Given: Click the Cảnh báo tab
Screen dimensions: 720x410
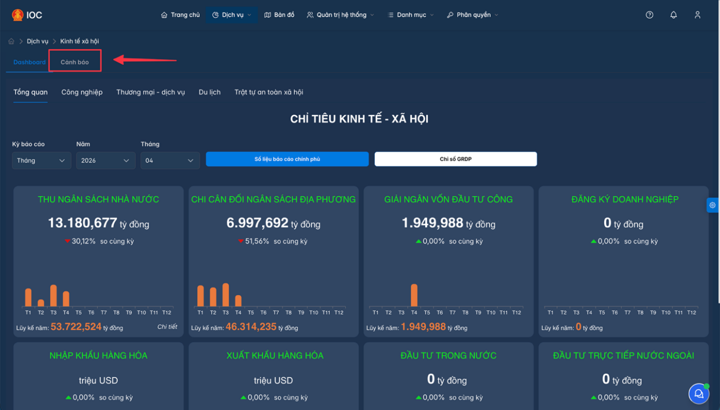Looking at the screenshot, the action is click(75, 62).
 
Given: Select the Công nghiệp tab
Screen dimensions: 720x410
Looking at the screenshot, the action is click(82, 92).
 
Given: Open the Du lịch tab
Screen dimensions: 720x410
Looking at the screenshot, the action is click(210, 92).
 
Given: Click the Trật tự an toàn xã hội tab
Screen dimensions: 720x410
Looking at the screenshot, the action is click(269, 92).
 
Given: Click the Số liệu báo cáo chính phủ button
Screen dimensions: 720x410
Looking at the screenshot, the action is click(287, 159).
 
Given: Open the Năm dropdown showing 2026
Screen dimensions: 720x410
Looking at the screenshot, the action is click(105, 160).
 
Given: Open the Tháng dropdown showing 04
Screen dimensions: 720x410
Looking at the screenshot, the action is click(170, 160).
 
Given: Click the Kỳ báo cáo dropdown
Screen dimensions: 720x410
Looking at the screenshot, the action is click(41, 160).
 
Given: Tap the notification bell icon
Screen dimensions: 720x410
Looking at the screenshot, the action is click(673, 15).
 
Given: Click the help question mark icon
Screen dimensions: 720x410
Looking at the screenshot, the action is click(649, 15).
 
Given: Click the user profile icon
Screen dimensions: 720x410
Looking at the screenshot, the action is click(697, 15).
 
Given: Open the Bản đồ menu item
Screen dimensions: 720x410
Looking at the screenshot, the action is click(279, 15).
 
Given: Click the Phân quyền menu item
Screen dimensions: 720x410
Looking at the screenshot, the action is click(472, 15).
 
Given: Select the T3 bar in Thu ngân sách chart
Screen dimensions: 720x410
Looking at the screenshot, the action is click(53, 295).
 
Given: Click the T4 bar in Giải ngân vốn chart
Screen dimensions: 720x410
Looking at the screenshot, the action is click(414, 295).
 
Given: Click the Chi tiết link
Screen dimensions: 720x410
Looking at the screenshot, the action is click(167, 327).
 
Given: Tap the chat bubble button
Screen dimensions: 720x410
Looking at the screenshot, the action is click(699, 393).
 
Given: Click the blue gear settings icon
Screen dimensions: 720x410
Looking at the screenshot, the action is click(712, 205).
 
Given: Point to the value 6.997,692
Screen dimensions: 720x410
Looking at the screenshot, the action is click(257, 223).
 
